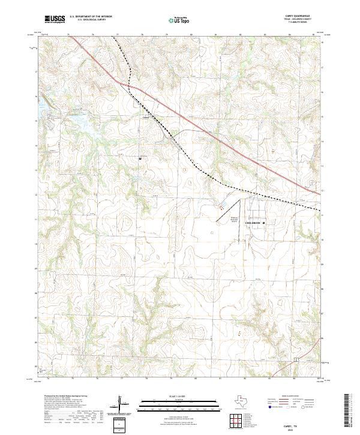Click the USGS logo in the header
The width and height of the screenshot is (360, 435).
pos(55,20)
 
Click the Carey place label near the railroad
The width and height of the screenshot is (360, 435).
pos(145,118)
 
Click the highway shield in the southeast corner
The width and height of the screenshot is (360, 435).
pos(296,359)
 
